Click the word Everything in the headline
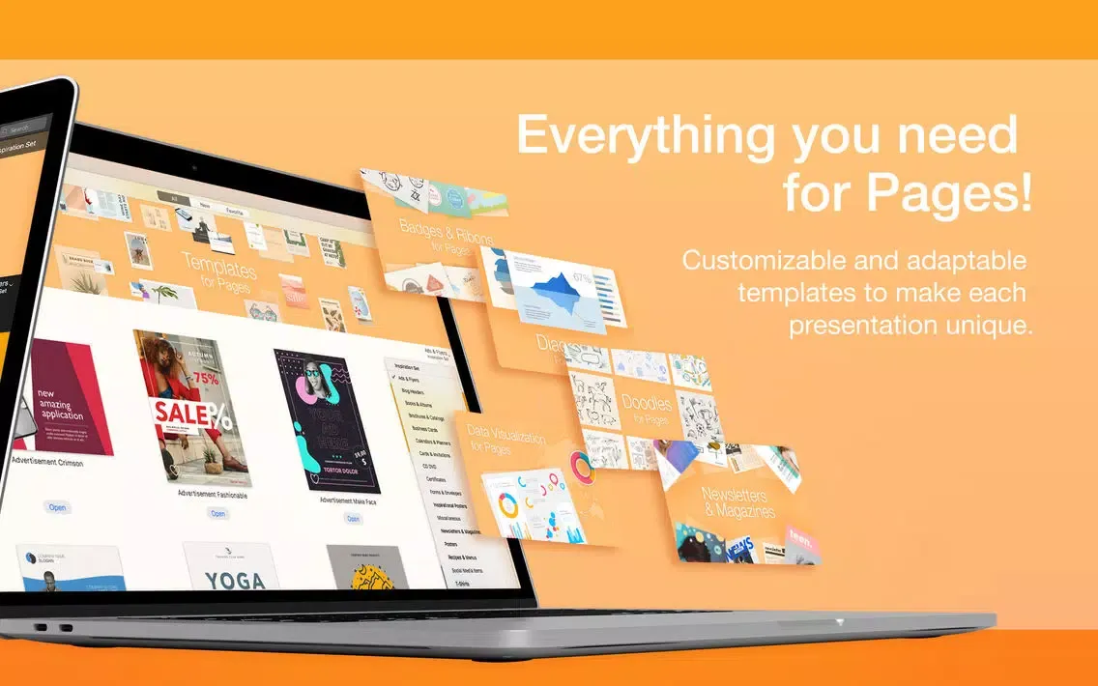click(x=644, y=136)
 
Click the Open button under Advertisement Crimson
click(x=58, y=507)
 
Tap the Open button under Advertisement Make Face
click(x=353, y=519)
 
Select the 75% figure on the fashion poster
click(x=204, y=378)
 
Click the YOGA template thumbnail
click(x=235, y=580)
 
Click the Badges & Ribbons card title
click(x=446, y=235)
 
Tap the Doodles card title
click(x=648, y=404)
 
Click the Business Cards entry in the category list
click(x=425, y=427)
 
